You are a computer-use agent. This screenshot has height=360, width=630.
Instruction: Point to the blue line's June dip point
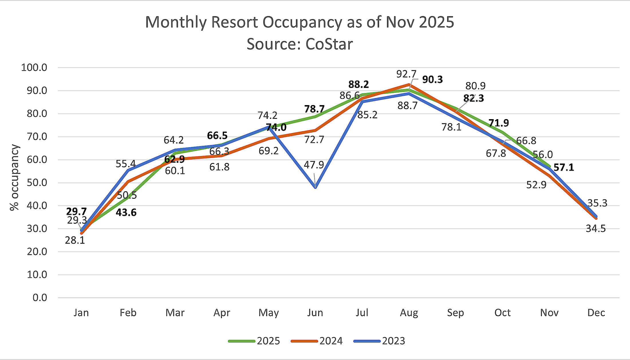(x=315, y=188)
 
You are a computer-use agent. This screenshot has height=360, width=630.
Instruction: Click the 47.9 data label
(x=314, y=165)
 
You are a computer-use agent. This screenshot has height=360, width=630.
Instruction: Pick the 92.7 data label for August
(x=406, y=74)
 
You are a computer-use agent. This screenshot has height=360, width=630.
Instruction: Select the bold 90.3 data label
(x=432, y=80)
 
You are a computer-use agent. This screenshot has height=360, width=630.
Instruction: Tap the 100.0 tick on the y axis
(x=34, y=68)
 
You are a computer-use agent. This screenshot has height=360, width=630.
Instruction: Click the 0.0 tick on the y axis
(x=40, y=298)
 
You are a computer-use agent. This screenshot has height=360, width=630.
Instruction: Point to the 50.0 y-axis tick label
(x=37, y=183)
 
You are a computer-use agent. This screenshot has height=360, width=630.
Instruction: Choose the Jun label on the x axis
(x=315, y=313)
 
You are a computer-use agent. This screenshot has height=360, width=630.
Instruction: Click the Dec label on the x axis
(x=596, y=313)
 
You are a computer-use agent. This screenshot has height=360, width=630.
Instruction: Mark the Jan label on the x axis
(x=81, y=313)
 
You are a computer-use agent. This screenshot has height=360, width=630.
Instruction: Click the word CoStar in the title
(x=329, y=44)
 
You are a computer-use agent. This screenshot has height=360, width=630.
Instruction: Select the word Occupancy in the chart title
(x=302, y=22)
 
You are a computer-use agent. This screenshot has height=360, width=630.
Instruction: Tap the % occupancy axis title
(x=14, y=178)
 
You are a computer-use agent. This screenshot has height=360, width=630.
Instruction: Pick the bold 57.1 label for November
(x=564, y=168)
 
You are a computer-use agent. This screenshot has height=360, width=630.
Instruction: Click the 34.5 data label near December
(x=596, y=229)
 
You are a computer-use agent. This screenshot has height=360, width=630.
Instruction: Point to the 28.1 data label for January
(x=75, y=240)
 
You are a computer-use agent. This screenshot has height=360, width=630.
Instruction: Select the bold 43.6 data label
(x=126, y=213)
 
